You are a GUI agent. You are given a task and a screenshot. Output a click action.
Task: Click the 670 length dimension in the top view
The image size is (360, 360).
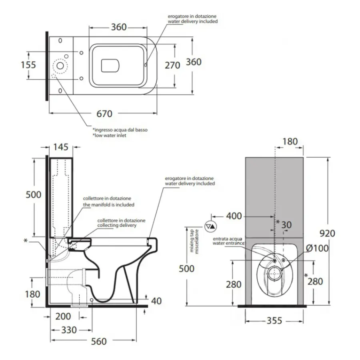tap(104, 114)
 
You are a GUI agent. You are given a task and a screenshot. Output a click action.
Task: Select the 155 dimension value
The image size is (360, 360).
tap(28, 65)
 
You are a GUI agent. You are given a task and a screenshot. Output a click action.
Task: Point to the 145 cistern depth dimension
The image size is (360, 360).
tap(61, 147)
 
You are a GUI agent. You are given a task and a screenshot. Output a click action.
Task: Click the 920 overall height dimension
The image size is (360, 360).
tap(327, 233)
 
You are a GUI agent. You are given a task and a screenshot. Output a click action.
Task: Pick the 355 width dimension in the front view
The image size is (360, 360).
tap(274, 320)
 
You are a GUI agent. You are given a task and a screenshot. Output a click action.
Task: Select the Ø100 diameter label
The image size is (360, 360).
tap(318, 248)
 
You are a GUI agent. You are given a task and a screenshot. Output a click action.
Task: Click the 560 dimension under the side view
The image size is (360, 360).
tap(98, 341)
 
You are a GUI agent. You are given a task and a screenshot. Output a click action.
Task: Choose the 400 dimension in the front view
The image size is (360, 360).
tap(234, 216)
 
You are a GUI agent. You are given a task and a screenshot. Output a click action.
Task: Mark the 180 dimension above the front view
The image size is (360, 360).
tap(290, 141)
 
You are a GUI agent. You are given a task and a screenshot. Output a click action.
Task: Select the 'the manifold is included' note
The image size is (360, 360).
tap(108, 204)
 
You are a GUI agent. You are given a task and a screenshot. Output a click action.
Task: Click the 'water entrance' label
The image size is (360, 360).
tap(228, 243)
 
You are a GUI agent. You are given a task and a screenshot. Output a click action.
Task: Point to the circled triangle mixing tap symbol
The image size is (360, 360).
tap(210, 226)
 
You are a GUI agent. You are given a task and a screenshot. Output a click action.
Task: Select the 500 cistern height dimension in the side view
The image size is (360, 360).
tap(33, 195)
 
